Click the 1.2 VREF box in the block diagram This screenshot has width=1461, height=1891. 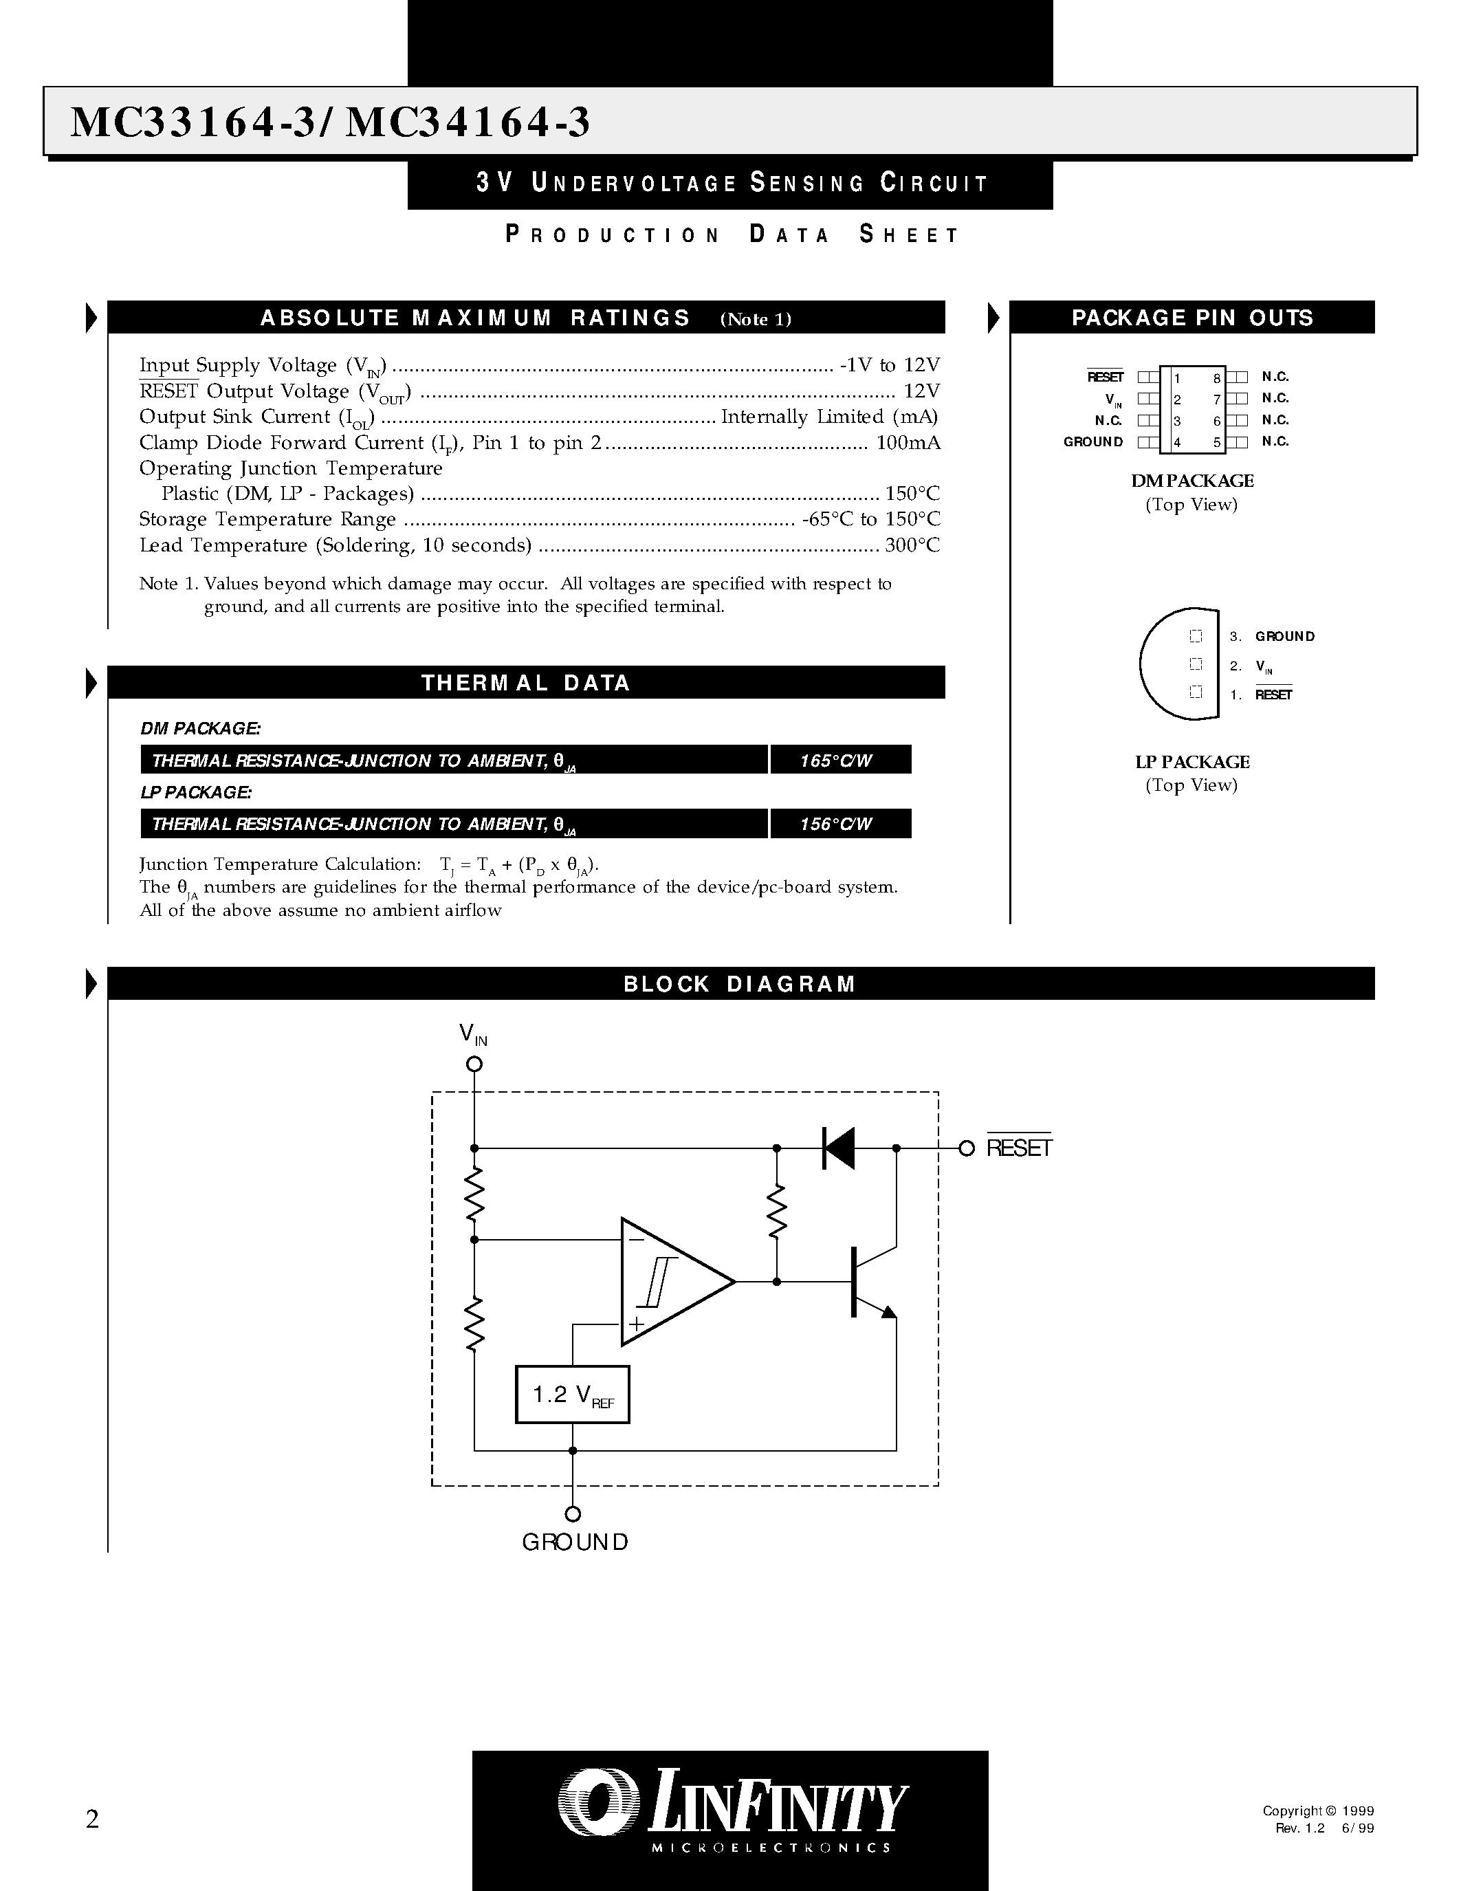572,1394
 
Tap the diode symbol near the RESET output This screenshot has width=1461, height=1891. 838,1148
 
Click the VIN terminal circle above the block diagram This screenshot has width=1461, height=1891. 474,1064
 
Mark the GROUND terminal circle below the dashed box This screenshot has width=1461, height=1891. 572,1514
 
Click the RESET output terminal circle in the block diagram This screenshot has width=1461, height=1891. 967,1148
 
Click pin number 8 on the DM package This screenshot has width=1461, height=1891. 1216,378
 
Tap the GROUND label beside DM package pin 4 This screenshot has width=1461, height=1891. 1093,441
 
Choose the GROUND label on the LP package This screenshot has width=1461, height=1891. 1284,636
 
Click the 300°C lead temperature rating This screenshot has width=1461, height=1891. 912,545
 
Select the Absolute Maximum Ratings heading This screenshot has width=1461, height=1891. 475,318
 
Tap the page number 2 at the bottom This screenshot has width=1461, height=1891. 93,1819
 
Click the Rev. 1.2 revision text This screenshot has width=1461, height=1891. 1300,1828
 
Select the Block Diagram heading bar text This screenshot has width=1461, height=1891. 739,983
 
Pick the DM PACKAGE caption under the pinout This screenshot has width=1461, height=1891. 1191,481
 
